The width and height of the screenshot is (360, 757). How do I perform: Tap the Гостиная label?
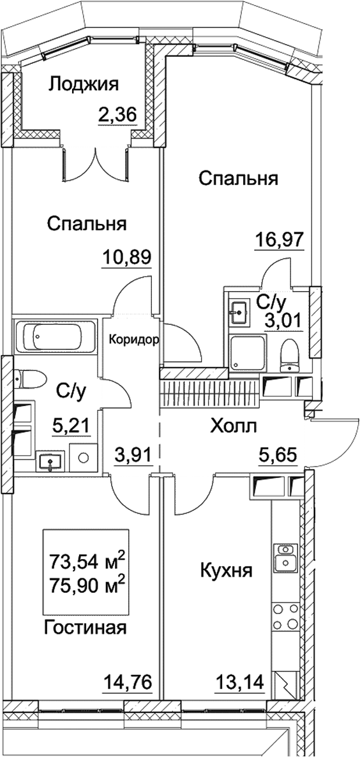(86, 627)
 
